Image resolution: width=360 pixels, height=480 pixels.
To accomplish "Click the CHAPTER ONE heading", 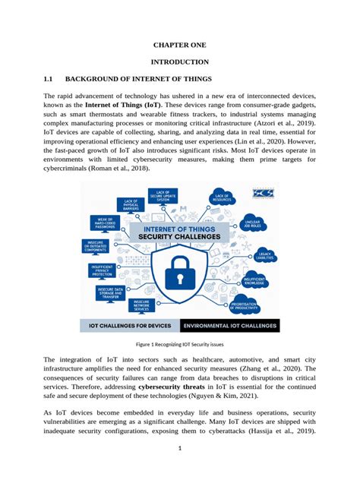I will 180,45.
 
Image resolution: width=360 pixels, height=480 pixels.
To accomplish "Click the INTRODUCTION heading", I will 180,61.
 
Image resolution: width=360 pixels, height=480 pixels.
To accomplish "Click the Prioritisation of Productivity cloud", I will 244,305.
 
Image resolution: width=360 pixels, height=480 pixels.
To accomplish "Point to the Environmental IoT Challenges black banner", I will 230,326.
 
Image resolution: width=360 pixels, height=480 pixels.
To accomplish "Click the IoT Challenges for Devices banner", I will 129,326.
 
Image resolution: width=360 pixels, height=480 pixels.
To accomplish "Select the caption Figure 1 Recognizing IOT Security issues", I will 180,344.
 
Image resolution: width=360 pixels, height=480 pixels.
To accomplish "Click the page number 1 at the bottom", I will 180,469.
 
